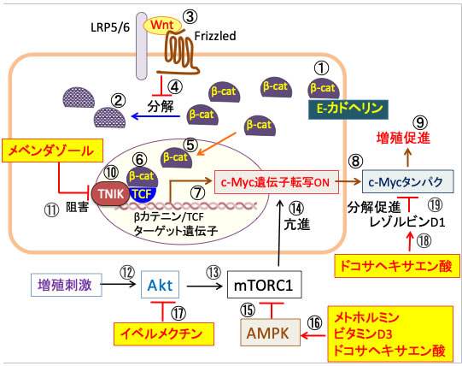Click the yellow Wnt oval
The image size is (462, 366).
point(162,26)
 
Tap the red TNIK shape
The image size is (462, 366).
point(110,194)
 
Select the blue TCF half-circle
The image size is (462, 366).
point(143,195)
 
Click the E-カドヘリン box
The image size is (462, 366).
point(348,109)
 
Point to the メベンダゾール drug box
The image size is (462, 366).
point(52,151)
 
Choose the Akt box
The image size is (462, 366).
point(161,285)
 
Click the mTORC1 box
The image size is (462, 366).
point(264,285)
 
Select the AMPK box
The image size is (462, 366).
point(271,333)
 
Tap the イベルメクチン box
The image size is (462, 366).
point(164,334)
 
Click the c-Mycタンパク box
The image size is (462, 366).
point(407,181)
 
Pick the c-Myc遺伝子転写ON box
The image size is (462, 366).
point(277,182)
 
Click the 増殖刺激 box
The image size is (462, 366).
point(67,285)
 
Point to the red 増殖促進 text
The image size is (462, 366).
point(403,138)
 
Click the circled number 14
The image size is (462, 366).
point(296,208)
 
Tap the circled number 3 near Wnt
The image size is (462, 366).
point(190,17)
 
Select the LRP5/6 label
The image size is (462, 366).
point(110,27)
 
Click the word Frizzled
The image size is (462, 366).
point(215,36)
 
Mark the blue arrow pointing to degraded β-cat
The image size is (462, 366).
point(155,116)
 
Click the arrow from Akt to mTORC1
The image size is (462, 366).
point(204,286)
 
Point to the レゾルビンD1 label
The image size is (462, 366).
point(406,222)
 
